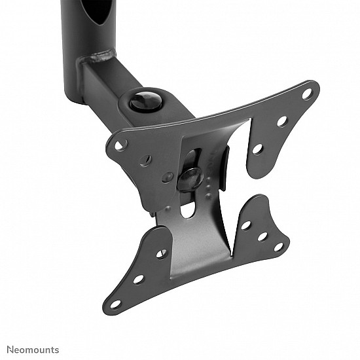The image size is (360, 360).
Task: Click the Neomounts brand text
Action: tap(33, 350)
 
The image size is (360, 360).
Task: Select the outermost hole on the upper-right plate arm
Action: tap(306, 94)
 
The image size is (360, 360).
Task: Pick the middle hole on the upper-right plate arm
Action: tap(282, 121)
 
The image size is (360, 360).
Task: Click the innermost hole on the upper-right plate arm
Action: tap(258, 149)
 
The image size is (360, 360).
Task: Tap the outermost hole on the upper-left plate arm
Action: tap(120, 145)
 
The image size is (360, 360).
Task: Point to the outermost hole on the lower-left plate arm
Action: tap(115, 304)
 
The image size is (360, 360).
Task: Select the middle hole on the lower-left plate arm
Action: tap(139, 279)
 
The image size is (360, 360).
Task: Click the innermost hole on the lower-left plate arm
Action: tap(162, 253)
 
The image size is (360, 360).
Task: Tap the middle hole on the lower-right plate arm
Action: tap(262, 236)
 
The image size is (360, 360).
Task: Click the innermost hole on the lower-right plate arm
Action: tap(246, 225)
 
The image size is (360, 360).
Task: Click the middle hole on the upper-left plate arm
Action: tap(146, 159)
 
